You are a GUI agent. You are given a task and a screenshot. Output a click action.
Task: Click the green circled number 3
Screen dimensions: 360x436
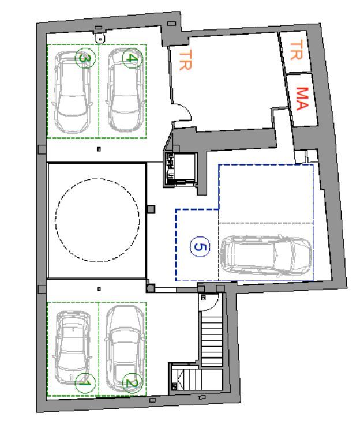coord(85,58)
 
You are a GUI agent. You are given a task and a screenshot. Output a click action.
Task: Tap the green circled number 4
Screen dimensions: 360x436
coord(132,58)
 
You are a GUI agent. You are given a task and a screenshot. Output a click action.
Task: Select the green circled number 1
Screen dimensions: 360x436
coord(85,383)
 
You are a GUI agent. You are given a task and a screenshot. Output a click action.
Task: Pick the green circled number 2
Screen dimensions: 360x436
coord(132,383)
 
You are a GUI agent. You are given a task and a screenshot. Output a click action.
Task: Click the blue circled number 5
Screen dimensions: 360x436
coord(200,246)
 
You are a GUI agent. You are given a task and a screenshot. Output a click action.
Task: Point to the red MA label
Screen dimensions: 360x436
coord(302,99)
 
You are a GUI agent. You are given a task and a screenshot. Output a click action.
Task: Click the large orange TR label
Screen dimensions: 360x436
coord(185,60)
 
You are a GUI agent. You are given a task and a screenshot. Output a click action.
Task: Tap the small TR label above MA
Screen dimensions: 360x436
coord(296,50)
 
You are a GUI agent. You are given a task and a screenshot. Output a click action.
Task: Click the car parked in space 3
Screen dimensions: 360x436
coord(72,92)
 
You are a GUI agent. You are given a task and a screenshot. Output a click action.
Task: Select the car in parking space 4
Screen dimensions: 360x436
coord(125,90)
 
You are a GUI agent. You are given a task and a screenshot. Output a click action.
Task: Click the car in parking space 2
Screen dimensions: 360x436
coord(125,349)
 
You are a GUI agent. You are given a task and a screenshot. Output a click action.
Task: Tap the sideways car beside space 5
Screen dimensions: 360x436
coord(266,256)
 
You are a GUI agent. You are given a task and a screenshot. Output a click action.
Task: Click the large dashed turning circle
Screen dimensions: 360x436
coord(97,220)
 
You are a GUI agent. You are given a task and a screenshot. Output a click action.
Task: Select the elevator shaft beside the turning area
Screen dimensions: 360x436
coord(180,170)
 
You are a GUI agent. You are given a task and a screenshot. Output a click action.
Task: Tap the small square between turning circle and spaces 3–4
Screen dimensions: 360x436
coord(99,149)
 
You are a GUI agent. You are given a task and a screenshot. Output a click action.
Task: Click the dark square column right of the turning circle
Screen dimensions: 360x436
coord(151,209)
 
